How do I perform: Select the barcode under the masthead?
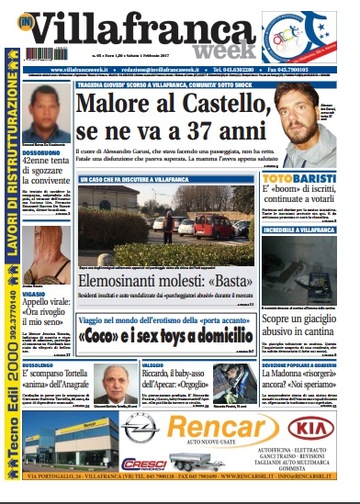(47, 55)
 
